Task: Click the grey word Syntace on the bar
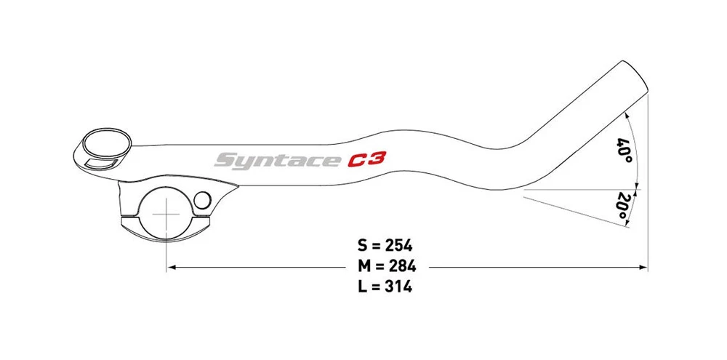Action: coord(277,160)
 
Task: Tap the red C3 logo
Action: coord(366,159)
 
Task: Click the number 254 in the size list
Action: coord(399,245)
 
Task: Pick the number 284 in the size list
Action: coord(399,266)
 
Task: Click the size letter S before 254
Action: coord(363,245)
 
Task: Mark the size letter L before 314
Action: coord(363,287)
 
